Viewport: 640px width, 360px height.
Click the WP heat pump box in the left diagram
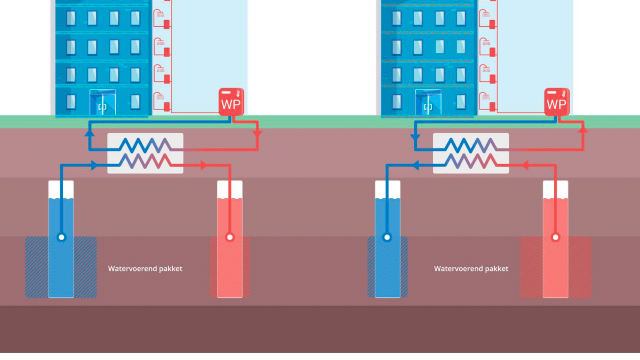pyautogui.click(x=231, y=102)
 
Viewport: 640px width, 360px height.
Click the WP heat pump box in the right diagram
pyautogui.click(x=556, y=102)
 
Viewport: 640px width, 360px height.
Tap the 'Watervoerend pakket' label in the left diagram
pyautogui.click(x=145, y=269)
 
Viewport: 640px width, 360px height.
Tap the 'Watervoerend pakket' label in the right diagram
pyautogui.click(x=471, y=269)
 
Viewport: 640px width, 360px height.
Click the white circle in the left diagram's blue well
pyautogui.click(x=62, y=237)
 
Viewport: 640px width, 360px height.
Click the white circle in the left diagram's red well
pyautogui.click(x=230, y=237)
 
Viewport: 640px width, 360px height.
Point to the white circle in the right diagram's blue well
pyautogui.click(x=387, y=237)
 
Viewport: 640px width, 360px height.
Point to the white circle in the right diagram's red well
pyautogui.click(x=555, y=237)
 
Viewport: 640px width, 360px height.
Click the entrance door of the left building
pyautogui.click(x=102, y=103)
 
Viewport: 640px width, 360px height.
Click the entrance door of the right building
pyautogui.click(x=428, y=103)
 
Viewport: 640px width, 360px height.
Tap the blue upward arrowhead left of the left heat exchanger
pyautogui.click(x=90, y=133)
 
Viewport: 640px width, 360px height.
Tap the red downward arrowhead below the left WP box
pyautogui.click(x=257, y=133)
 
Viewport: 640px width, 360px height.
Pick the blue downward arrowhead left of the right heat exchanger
pyautogui.click(x=415, y=138)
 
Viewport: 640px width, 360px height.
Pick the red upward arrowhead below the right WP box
pyautogui.click(x=583, y=129)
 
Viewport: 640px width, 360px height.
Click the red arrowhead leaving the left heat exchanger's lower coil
pyautogui.click(x=204, y=165)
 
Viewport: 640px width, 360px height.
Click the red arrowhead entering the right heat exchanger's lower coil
pyautogui.click(x=525, y=165)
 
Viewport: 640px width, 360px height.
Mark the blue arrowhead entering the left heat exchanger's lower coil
pyautogui.click(x=94, y=165)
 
